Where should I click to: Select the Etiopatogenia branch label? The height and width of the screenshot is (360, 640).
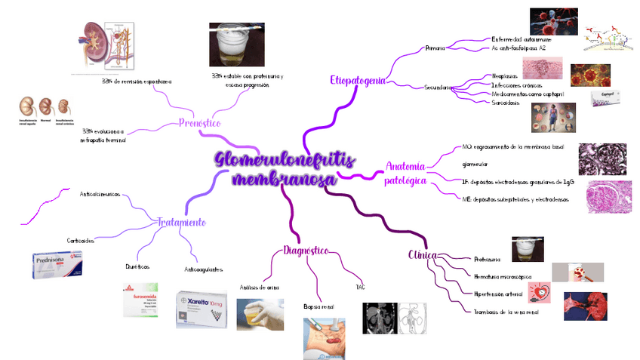pyautogui.click(x=358, y=80)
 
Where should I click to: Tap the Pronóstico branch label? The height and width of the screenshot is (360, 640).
pyautogui.click(x=199, y=123)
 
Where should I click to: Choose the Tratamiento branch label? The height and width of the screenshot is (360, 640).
pyautogui.click(x=181, y=223)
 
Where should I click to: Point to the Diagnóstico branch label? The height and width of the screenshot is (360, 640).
pyautogui.click(x=306, y=251)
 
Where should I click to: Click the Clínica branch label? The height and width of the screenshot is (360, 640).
pyautogui.click(x=422, y=255)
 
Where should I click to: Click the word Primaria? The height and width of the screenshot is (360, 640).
pyautogui.click(x=435, y=48)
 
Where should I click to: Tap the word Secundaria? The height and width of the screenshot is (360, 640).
pyautogui.click(x=438, y=88)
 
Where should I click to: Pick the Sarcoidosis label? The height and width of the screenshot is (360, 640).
pyautogui.click(x=506, y=102)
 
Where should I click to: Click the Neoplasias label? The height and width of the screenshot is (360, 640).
pyautogui.click(x=504, y=77)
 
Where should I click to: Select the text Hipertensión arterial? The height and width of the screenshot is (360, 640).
pyautogui.click(x=498, y=294)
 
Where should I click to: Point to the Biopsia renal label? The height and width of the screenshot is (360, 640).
pyautogui.click(x=318, y=307)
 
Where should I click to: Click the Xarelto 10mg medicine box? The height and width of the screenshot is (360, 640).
pyautogui.click(x=201, y=309)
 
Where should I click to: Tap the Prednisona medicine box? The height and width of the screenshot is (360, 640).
pyautogui.click(x=62, y=266)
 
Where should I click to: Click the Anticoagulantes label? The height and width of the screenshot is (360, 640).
pyautogui.click(x=204, y=269)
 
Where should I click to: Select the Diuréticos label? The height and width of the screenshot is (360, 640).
pyautogui.click(x=137, y=266)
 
